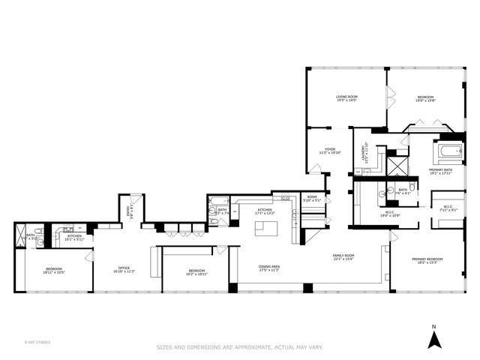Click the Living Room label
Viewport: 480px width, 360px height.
(x=346, y=97)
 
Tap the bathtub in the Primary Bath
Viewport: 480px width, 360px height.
(x=451, y=154)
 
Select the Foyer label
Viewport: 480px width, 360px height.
(x=329, y=149)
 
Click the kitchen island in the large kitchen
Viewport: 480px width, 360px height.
(x=265, y=229)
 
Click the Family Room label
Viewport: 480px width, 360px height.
(x=343, y=256)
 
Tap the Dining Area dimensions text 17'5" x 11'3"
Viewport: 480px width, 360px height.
(x=269, y=270)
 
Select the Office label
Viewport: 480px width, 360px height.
(x=124, y=268)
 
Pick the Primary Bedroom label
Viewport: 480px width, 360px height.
(x=427, y=260)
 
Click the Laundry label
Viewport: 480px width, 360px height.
(x=365, y=152)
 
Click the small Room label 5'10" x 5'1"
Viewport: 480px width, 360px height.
(x=311, y=199)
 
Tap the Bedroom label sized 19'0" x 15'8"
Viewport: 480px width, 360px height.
(x=424, y=98)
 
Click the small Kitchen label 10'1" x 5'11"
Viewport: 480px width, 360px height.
(x=74, y=237)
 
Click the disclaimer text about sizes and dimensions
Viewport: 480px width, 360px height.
(x=239, y=347)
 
